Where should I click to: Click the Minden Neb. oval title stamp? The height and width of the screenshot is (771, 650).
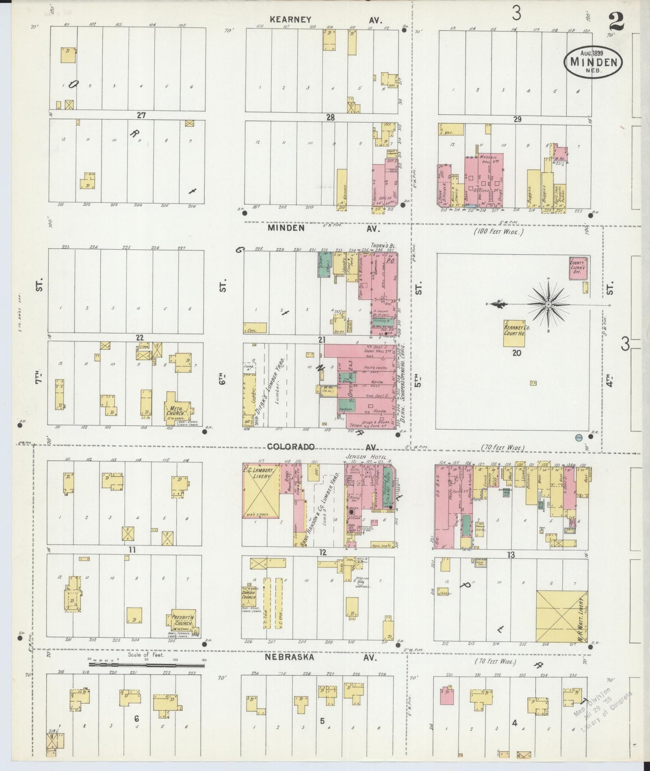593,63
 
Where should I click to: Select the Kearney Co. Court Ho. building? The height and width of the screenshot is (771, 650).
517,333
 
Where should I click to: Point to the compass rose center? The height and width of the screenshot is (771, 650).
548,305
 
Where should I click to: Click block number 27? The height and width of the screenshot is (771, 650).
142,115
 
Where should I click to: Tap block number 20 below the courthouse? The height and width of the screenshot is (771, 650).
516,353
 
